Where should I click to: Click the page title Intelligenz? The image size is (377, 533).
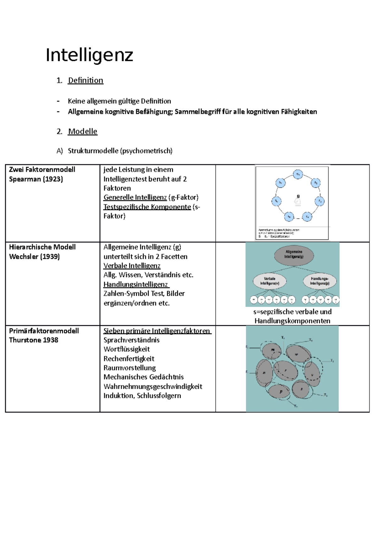coord(90,55)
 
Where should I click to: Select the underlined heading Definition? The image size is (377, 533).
coord(85,80)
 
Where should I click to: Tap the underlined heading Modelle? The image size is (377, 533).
coord(83,131)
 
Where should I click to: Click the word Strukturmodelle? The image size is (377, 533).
coord(93,151)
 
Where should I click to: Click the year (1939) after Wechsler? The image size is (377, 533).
coord(50,256)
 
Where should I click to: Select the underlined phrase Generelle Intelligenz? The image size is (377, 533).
coord(135,197)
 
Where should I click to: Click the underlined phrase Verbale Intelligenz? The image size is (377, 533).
coord(132,266)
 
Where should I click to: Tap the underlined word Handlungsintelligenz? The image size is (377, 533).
coord(136,284)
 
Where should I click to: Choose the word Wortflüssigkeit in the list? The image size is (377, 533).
coord(127,349)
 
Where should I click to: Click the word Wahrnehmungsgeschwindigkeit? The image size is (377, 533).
coord(153,386)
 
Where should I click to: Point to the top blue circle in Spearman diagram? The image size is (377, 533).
coord(298,174)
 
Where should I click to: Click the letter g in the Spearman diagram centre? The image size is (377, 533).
coord(298,196)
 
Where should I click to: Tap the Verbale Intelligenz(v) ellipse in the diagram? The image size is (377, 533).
coord(270,281)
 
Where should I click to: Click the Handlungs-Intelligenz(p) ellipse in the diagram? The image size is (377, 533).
coord(320,281)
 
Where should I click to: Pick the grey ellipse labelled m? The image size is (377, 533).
coord(272,350)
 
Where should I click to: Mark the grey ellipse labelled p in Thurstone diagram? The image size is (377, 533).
coord(281,391)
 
